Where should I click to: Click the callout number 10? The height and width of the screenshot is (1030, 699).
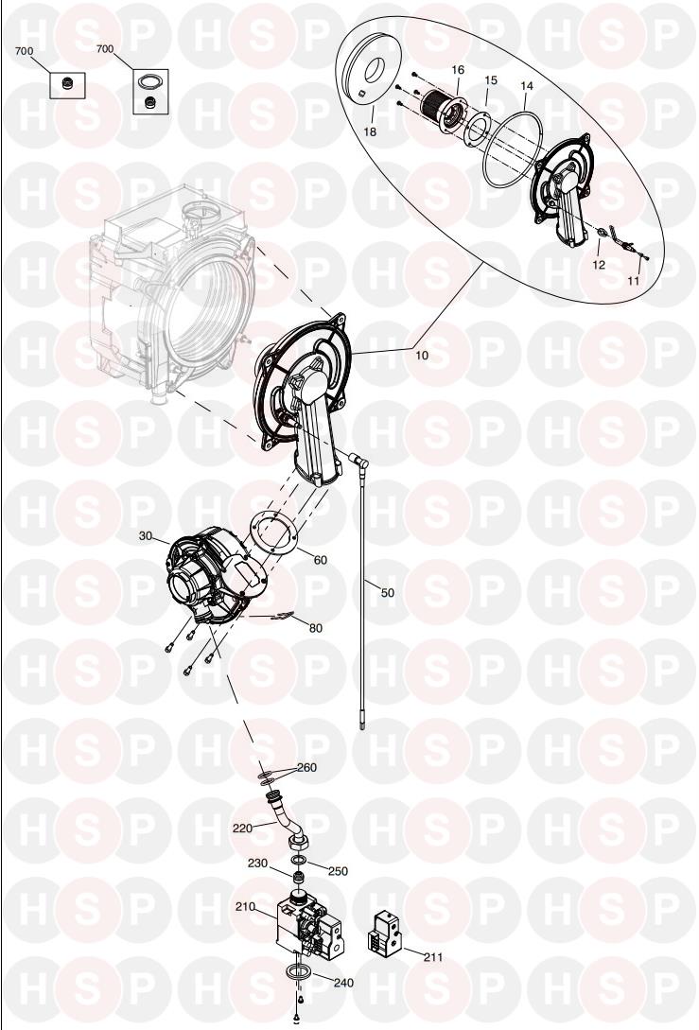pyautogui.click(x=422, y=356)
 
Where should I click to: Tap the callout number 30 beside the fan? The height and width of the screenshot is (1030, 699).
pyautogui.click(x=145, y=536)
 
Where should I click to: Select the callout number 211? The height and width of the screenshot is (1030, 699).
pyautogui.click(x=433, y=957)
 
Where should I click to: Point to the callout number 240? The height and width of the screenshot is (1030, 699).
pyautogui.click(x=343, y=983)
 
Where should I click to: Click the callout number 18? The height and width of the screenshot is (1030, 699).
pyautogui.click(x=370, y=131)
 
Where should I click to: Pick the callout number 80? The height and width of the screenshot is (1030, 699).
pyautogui.click(x=315, y=628)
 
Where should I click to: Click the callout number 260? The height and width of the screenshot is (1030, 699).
pyautogui.click(x=306, y=767)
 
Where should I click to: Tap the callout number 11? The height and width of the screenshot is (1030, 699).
pyautogui.click(x=633, y=281)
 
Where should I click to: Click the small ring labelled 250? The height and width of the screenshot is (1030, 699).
pyautogui.click(x=298, y=862)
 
